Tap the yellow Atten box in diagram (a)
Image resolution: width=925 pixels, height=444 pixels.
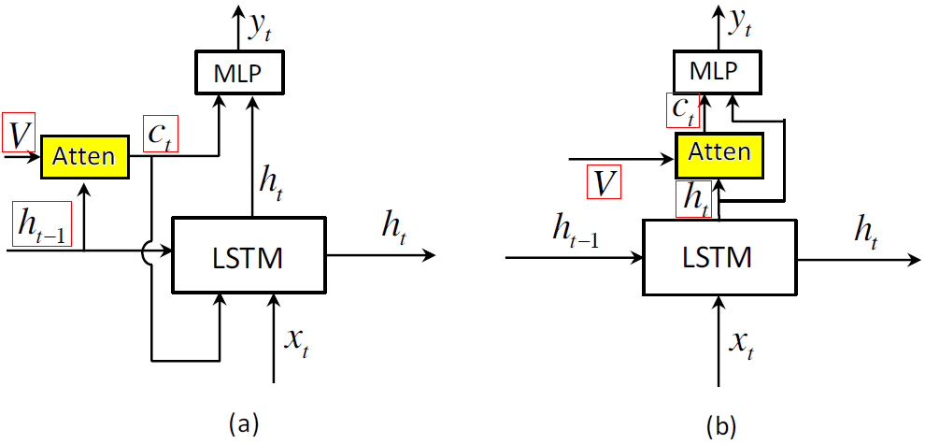tap(83, 156)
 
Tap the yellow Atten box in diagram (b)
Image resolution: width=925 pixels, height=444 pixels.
tap(719, 151)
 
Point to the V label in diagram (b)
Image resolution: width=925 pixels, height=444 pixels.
tap(605, 181)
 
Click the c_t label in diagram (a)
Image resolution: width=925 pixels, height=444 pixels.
tap(161, 135)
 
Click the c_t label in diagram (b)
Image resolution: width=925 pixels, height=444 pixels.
tap(687, 110)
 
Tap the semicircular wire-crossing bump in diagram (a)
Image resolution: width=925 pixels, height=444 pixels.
tap(150, 251)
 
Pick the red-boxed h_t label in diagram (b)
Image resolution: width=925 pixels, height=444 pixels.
tap(691, 200)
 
